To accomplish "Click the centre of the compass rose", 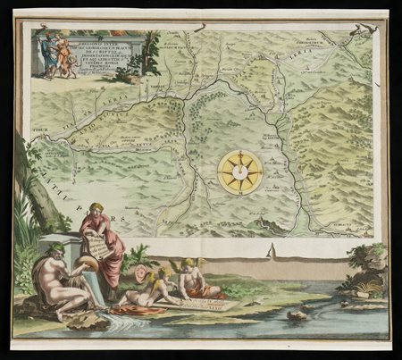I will [240, 172].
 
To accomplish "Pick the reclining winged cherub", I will [147, 287].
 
